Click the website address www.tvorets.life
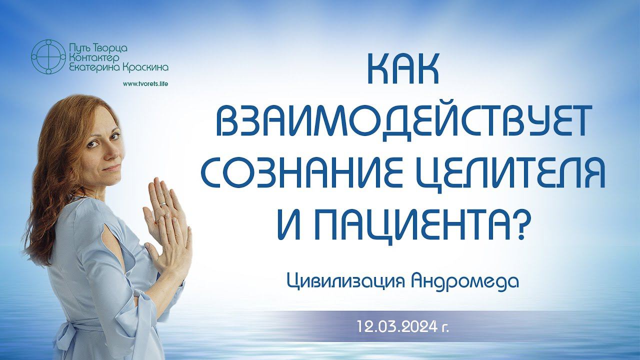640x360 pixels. [x=145, y=83]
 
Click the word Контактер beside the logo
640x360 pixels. [x=94, y=57]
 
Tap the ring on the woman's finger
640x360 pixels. [x=163, y=203]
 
